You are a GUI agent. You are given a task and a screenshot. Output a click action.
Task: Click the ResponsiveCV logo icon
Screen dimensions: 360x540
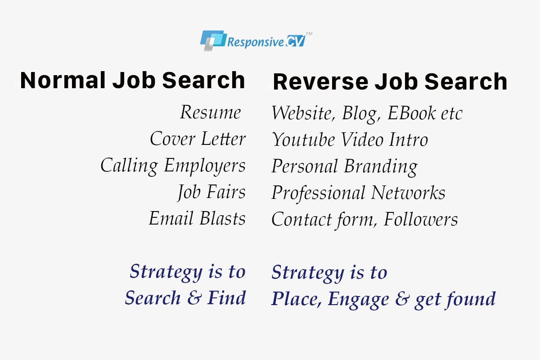coord(212,40)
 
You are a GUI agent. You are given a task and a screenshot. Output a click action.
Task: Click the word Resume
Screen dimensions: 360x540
coord(210,112)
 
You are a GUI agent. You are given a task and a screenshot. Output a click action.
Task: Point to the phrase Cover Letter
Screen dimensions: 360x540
coord(198,139)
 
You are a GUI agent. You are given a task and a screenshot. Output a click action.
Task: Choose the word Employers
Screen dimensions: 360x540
coord(205,166)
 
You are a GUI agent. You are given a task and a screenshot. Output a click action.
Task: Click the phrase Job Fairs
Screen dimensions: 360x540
coord(211,192)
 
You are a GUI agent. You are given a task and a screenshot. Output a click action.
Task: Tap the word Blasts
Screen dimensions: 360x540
coord(223,219)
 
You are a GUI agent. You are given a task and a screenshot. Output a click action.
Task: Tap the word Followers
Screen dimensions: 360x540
coord(421,220)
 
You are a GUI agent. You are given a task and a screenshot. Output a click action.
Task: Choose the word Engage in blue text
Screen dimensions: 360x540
coord(359,300)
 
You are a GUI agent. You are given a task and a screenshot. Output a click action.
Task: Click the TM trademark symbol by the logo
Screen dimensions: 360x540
coord(309,34)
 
